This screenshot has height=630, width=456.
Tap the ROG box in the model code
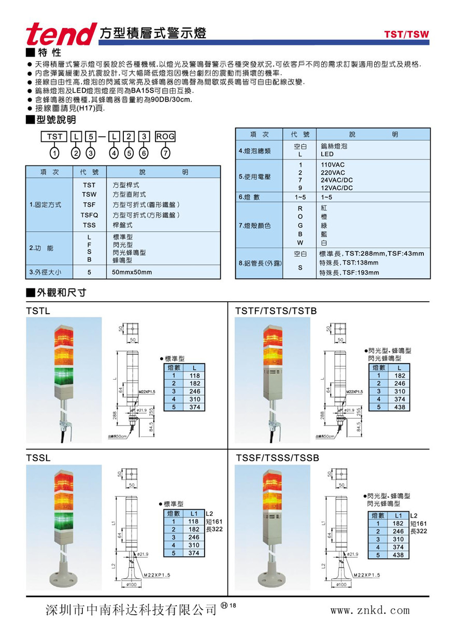(165, 137)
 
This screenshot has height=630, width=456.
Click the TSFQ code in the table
(89, 215)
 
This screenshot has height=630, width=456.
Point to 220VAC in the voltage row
(333, 172)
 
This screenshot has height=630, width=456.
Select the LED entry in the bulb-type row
(327, 155)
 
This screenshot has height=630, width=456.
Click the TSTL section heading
(38, 311)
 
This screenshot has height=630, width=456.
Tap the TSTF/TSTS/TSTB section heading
(276, 311)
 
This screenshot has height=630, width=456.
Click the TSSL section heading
(38, 458)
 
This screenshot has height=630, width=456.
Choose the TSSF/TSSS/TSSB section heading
(277, 458)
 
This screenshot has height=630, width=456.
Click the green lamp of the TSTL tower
(65, 373)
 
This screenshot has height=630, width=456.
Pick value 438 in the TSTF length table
(399, 407)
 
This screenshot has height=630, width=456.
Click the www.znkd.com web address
(369, 610)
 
